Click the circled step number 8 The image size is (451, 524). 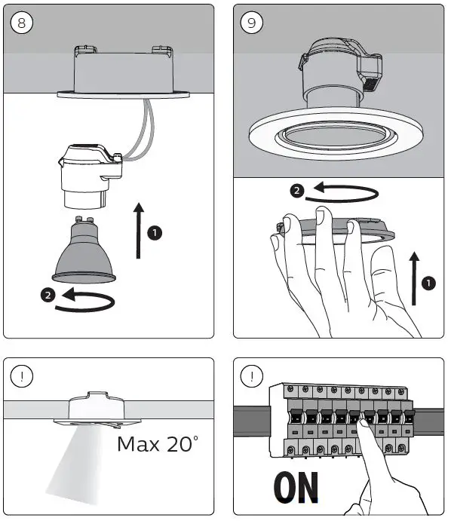(22, 23)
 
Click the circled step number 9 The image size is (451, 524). (251, 23)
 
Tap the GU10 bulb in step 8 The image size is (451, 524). (84, 250)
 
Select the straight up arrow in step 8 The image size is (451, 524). (139, 230)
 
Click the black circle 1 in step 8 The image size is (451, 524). (155, 232)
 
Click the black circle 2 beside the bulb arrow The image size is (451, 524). (48, 295)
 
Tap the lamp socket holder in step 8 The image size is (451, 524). (91, 176)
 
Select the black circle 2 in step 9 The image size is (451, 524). (297, 191)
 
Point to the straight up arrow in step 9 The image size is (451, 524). (414, 279)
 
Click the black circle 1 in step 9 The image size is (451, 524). (428, 283)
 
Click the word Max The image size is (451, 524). (139, 445)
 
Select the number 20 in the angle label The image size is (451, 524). (179, 444)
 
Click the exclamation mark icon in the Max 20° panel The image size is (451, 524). (22, 376)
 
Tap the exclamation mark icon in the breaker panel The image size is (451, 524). (251, 376)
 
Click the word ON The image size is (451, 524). (296, 488)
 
